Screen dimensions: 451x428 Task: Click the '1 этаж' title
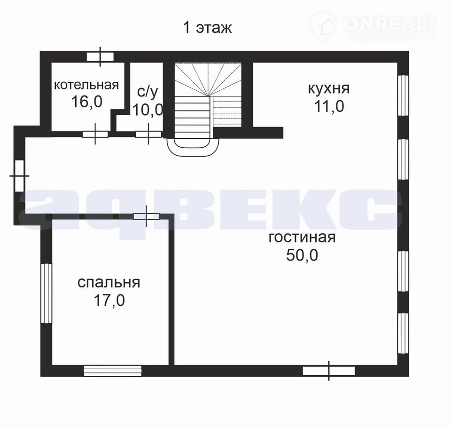click(207, 28)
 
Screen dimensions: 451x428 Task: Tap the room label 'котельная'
click(86, 85)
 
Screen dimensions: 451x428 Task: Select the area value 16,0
click(86, 102)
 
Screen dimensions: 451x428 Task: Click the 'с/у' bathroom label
click(148, 92)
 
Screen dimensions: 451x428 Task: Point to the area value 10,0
click(148, 110)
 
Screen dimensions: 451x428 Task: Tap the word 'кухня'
click(329, 88)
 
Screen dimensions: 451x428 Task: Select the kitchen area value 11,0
click(329, 107)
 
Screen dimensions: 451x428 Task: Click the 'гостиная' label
click(302, 238)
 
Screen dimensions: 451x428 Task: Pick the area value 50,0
click(302, 255)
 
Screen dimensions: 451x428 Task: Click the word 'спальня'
click(109, 283)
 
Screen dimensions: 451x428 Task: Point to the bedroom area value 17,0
click(109, 301)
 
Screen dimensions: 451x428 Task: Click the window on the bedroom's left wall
click(46, 293)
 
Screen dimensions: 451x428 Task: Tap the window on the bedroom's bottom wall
click(112, 371)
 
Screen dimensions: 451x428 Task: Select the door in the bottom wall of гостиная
click(329, 371)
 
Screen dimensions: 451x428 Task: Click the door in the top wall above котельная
click(100, 57)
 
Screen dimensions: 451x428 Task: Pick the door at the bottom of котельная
click(95, 134)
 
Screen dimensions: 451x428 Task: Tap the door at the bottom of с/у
click(148, 134)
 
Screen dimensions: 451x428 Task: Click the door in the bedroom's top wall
click(147, 216)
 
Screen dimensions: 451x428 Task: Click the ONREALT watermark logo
click(374, 25)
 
